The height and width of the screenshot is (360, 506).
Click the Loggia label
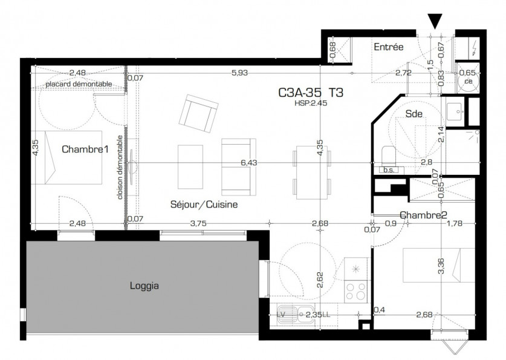click(x=144, y=286)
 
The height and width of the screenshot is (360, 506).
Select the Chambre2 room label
click(x=423, y=215)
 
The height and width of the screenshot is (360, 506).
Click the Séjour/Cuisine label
click(x=204, y=205)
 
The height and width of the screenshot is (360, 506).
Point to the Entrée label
click(x=388, y=47)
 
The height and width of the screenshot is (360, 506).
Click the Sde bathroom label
click(x=414, y=113)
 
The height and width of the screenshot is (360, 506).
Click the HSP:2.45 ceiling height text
click(x=311, y=103)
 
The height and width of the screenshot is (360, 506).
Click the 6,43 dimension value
click(x=249, y=162)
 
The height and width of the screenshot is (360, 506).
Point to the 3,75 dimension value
click(x=198, y=223)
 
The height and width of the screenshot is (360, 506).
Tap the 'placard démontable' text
click(x=78, y=83)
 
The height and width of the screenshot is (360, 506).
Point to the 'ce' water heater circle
click(x=467, y=79)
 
